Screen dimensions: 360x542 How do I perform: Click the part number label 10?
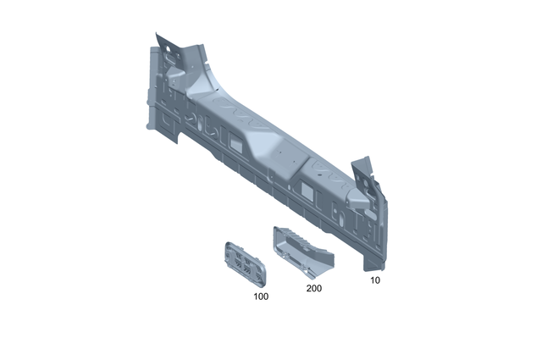tap(374, 279)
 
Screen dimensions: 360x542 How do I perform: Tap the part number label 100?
tap(261, 297)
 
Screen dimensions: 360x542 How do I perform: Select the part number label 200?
tap(313, 289)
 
